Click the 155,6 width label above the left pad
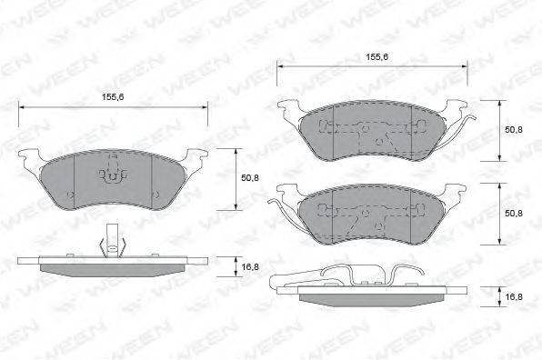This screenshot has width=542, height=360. [x=113, y=97]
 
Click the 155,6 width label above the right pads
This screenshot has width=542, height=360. [x=377, y=57]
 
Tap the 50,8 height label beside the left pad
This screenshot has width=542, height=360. [x=250, y=178]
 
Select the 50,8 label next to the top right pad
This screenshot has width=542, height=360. [x=514, y=130]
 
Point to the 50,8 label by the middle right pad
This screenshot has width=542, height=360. [x=514, y=213]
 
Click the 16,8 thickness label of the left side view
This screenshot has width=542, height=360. [x=250, y=266]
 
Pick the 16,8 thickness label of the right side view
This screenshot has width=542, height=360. [x=514, y=296]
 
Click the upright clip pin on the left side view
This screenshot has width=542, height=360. [x=113, y=241]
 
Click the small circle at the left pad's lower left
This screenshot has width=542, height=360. [x=71, y=195]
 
